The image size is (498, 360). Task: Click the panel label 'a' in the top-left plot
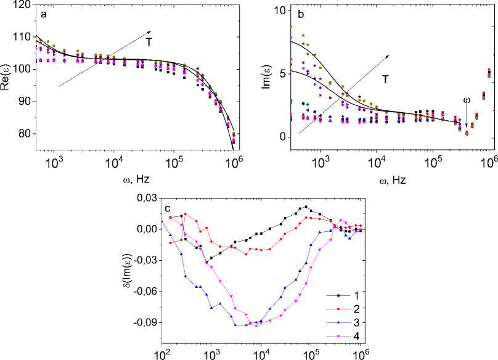(x=43, y=12)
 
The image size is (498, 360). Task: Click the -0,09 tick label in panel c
(x=144, y=322)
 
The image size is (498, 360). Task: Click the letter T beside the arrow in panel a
(x=149, y=41)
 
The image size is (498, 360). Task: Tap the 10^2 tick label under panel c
(x=163, y=354)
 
